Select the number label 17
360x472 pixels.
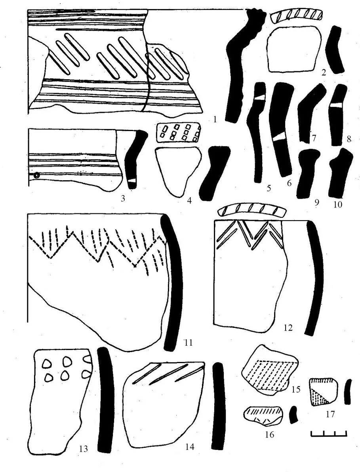pyautogui.click(x=330, y=414)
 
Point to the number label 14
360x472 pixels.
pyautogui.click(x=190, y=447)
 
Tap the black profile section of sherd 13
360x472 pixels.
pyautogui.click(x=105, y=400)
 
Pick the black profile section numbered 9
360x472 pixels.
pyautogui.click(x=307, y=174)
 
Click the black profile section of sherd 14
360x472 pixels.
pyautogui.click(x=218, y=406)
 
